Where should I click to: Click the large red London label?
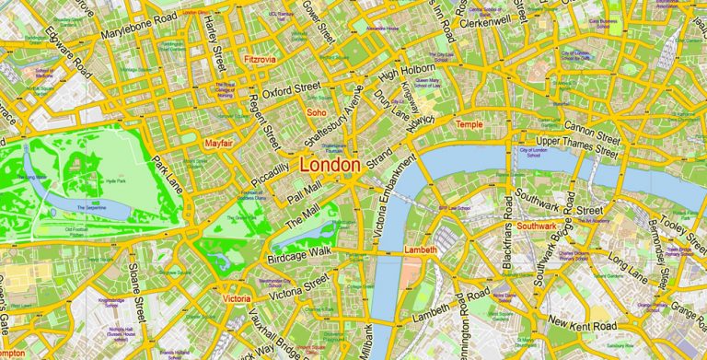click(x=330, y=165)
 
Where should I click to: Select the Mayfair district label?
click(x=218, y=144)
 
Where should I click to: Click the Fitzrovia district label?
click(x=260, y=59)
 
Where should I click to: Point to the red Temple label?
click(x=469, y=124)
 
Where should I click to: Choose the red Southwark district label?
click(x=536, y=226)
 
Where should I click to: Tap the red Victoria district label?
click(x=237, y=299)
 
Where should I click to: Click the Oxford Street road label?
click(x=290, y=91)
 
